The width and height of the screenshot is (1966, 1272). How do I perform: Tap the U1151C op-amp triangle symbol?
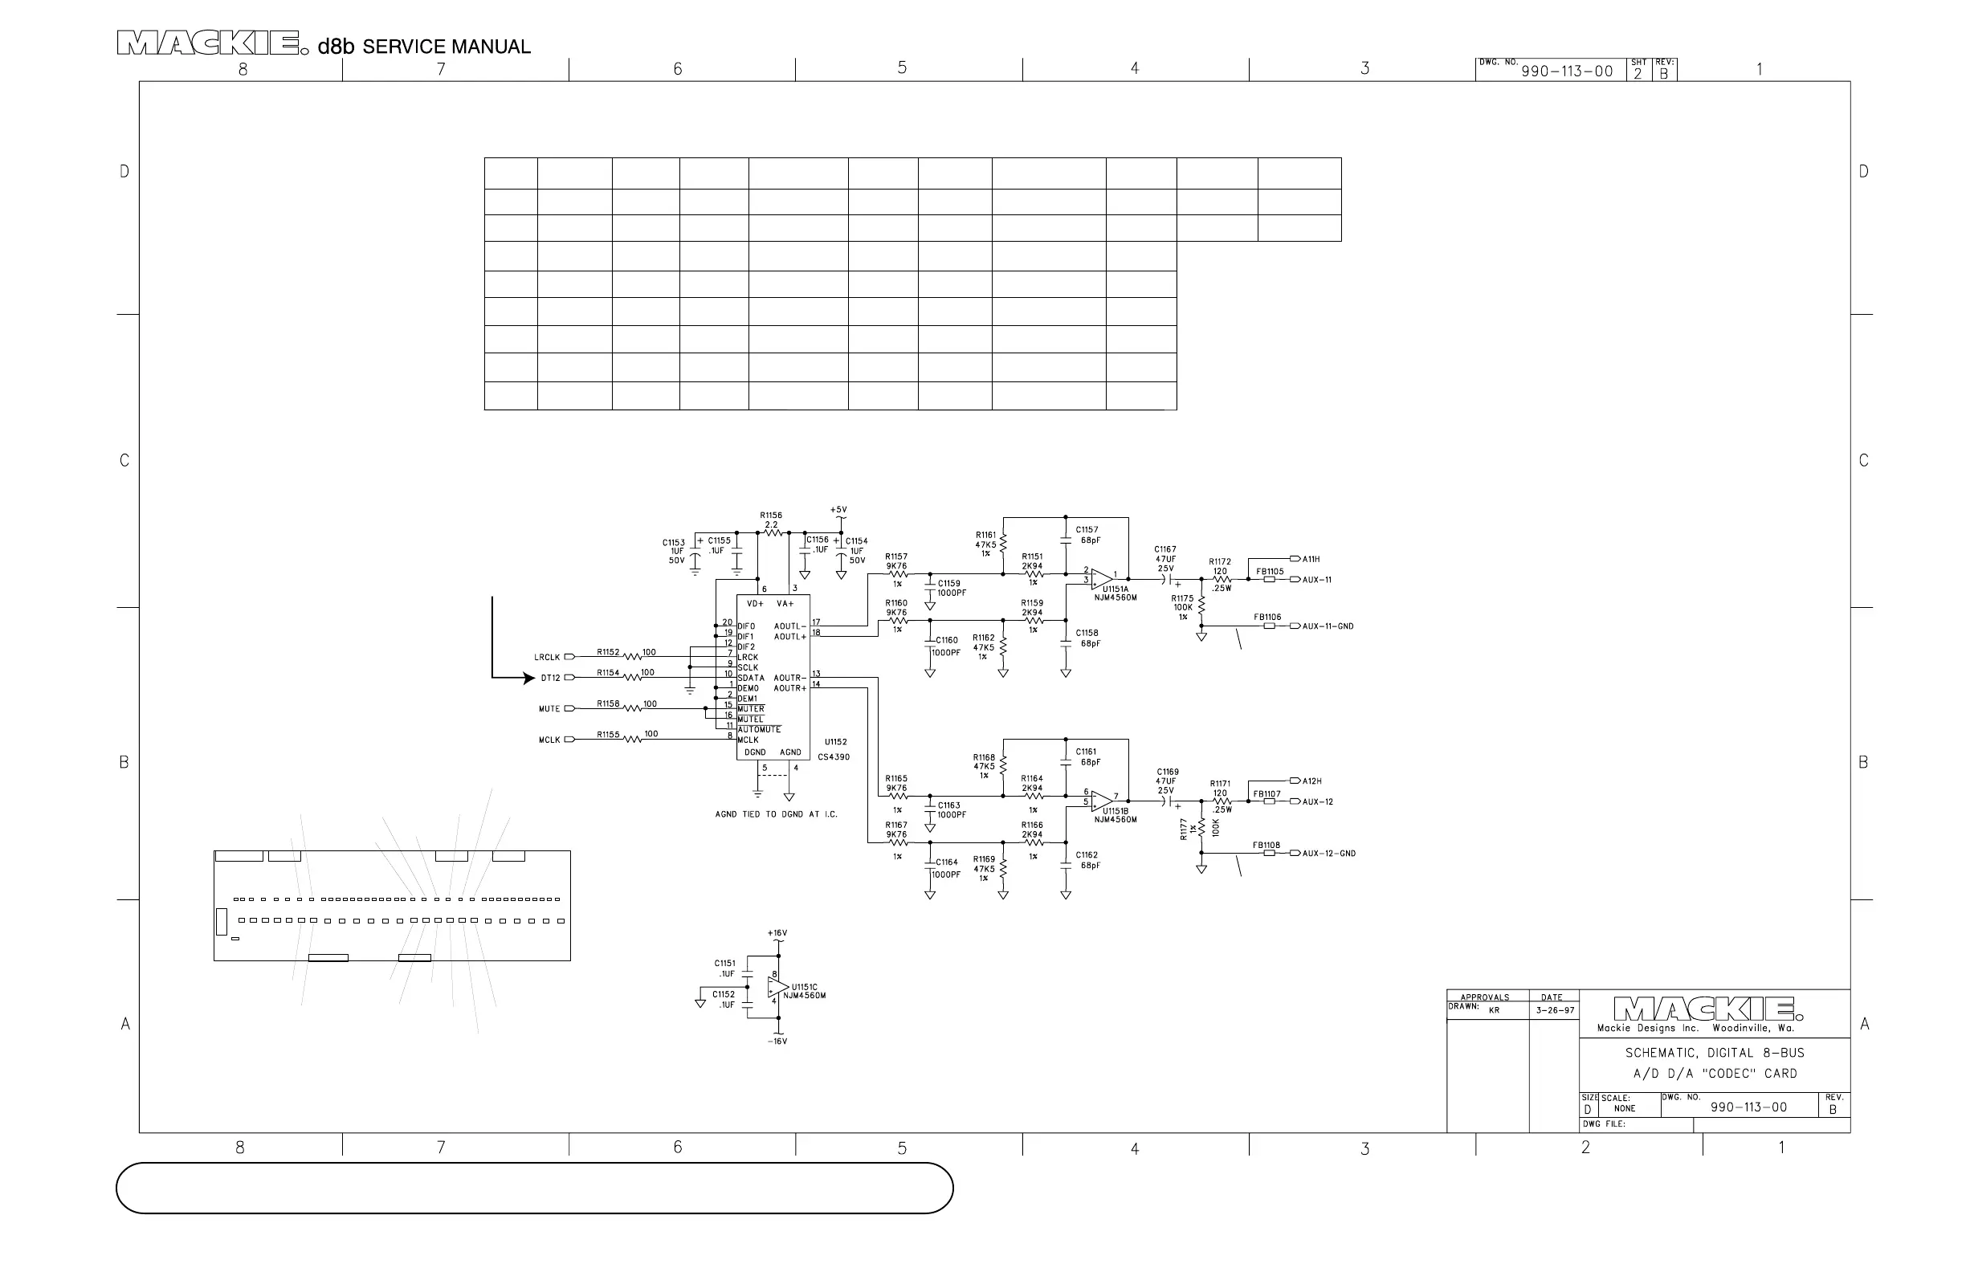pyautogui.click(x=777, y=988)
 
